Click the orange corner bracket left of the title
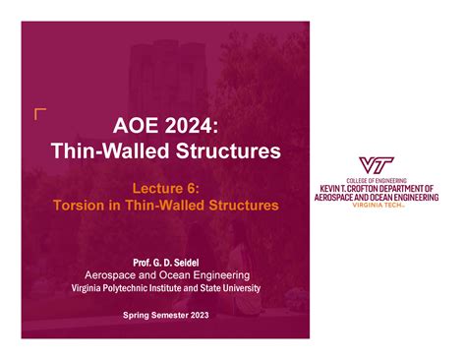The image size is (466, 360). [38, 113]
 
